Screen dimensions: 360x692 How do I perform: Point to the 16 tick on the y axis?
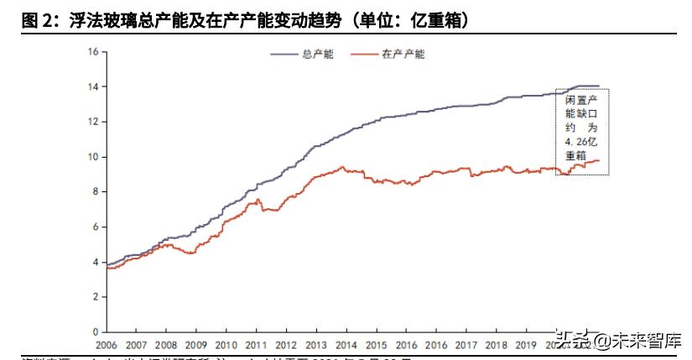pyautogui.click(x=93, y=52)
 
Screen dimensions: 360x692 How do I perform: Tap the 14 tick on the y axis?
pyautogui.click(x=93, y=87)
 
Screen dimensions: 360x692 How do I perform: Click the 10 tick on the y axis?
pyautogui.click(x=93, y=157)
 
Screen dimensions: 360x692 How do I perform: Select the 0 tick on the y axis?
pyautogui.click(x=96, y=332)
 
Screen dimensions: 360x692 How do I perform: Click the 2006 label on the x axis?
pyautogui.click(x=106, y=345)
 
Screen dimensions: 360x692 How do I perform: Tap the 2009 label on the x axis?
pyautogui.click(x=195, y=345)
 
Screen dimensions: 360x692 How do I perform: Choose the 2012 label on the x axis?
pyautogui.click(x=286, y=345)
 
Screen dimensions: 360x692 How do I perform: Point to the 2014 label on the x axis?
pyautogui.click(x=346, y=345)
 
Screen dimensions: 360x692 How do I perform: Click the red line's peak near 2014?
pyautogui.click(x=342, y=167)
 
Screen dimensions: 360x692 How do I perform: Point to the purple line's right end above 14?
pyautogui.click(x=598, y=86)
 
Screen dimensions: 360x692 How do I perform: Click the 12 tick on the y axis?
pyautogui.click(x=93, y=122)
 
